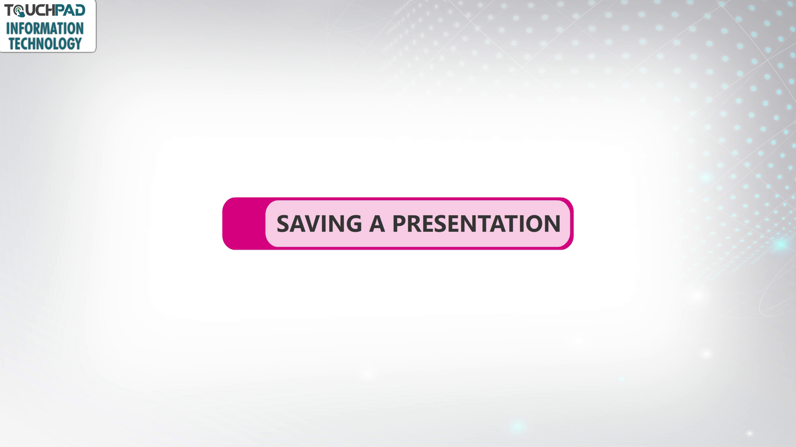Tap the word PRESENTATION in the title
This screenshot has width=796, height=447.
476,223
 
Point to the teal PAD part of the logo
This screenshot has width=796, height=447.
70,10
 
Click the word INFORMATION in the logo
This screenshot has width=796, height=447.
45,29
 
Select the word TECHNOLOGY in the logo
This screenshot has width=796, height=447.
45,44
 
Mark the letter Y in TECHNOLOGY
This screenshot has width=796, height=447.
78,44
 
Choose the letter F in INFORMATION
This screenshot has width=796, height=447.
20,29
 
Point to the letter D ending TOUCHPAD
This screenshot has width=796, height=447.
80,10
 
